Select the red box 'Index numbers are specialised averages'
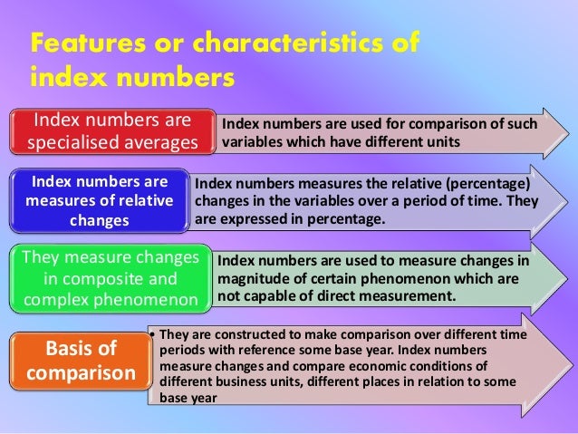[112, 131]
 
